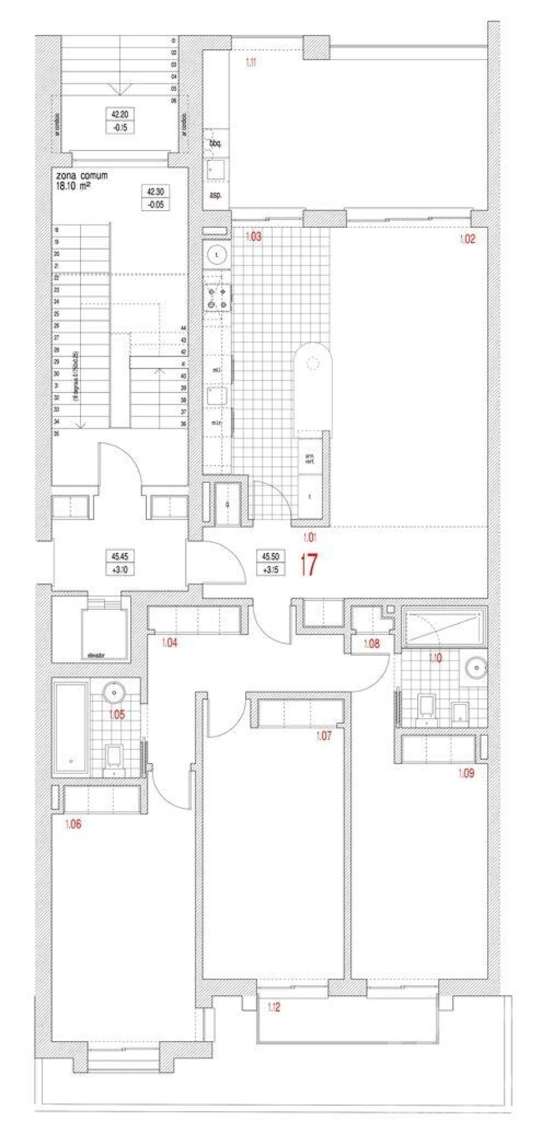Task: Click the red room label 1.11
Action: pyautogui.click(x=251, y=62)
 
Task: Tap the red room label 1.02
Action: pyautogui.click(x=468, y=240)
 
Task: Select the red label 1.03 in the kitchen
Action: pyautogui.click(x=253, y=236)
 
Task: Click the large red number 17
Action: pyautogui.click(x=308, y=565)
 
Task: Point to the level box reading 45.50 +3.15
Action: pyautogui.click(x=270, y=563)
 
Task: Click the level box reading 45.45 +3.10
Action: pyautogui.click(x=120, y=563)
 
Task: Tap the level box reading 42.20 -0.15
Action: pyautogui.click(x=120, y=121)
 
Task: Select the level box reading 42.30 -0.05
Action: pyautogui.click(x=155, y=198)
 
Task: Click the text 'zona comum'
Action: pyautogui.click(x=82, y=176)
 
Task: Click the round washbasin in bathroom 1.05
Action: pyautogui.click(x=114, y=693)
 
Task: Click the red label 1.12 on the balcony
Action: pyautogui.click(x=274, y=1007)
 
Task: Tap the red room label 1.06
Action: pyautogui.click(x=73, y=824)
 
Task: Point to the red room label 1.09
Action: pyautogui.click(x=466, y=773)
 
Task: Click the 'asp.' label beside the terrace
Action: pyautogui.click(x=215, y=195)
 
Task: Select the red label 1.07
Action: pyautogui.click(x=323, y=736)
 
